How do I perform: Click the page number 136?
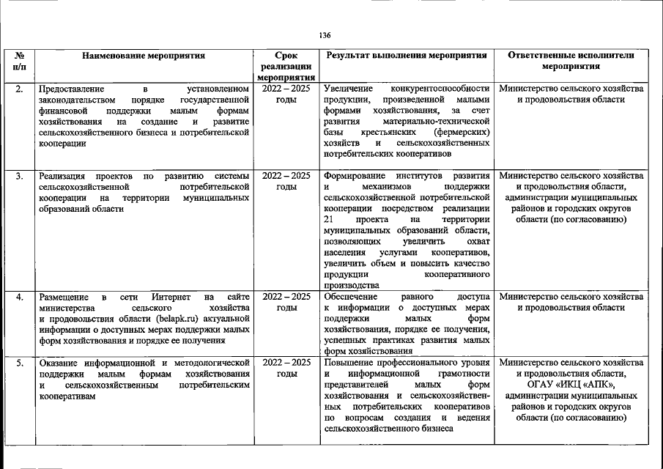coord(326,34)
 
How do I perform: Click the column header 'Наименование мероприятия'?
coord(143,55)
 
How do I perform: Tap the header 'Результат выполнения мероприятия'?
coord(407,55)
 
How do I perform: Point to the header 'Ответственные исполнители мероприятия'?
coord(571,60)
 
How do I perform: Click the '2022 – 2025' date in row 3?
coord(286,176)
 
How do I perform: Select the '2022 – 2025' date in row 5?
coord(286,363)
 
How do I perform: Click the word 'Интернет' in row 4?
coord(171,297)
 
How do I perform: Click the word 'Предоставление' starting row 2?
coord(71,89)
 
